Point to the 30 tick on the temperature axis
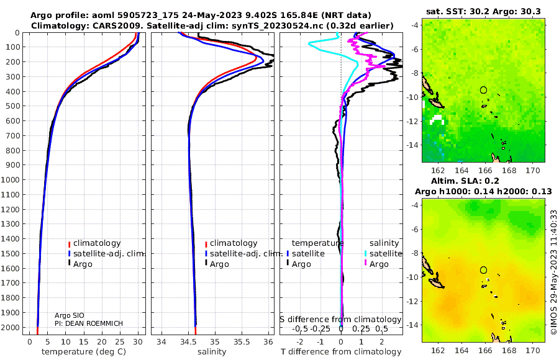tap(138, 342)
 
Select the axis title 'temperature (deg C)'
tap(84, 352)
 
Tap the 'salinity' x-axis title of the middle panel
tap(212, 352)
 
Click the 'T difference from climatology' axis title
tap(341, 352)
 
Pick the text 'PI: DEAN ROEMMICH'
tap(89, 323)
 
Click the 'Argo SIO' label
tap(70, 315)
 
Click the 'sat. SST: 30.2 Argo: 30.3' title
tap(483, 11)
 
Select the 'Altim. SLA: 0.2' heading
tap(465, 181)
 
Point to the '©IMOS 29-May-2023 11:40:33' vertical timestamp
tap(553, 272)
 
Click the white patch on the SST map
tap(437, 120)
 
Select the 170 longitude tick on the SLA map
tap(533, 350)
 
